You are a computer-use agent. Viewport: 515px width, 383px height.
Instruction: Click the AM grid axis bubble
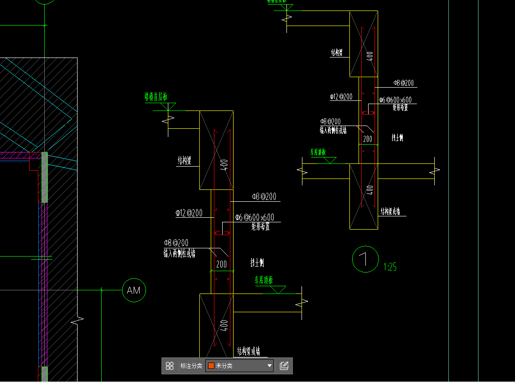[x=134, y=290]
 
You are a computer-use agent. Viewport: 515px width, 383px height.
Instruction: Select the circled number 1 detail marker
[x=365, y=259]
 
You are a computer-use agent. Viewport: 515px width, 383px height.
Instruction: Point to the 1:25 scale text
[x=390, y=267]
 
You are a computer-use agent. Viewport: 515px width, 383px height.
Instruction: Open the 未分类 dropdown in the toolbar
[x=239, y=366]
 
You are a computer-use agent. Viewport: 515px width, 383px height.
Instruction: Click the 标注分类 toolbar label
[x=191, y=366]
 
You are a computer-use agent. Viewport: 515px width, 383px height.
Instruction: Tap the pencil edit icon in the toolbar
[x=284, y=366]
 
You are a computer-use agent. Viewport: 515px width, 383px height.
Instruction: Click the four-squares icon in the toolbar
[x=170, y=366]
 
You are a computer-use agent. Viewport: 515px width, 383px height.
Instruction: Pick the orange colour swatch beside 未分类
[x=211, y=366]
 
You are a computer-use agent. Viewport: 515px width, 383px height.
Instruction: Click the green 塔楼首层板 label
[x=156, y=97]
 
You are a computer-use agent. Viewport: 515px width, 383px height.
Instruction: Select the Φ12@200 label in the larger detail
[x=189, y=213]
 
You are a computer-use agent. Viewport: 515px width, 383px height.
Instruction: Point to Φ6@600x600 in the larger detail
[x=255, y=217]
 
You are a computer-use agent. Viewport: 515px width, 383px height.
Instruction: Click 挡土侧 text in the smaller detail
[x=397, y=137]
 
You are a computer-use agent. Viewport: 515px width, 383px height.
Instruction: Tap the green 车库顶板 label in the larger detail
[x=263, y=280]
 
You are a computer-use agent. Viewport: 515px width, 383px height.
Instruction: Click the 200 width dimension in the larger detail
[x=221, y=264]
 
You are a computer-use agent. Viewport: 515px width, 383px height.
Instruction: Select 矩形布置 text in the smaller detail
[x=400, y=107]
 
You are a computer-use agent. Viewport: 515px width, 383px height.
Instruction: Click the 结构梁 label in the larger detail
[x=184, y=161]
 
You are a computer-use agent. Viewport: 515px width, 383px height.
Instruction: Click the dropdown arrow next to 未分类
[x=270, y=366]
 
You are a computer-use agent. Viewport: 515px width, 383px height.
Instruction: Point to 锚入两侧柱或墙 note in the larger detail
[x=179, y=253]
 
